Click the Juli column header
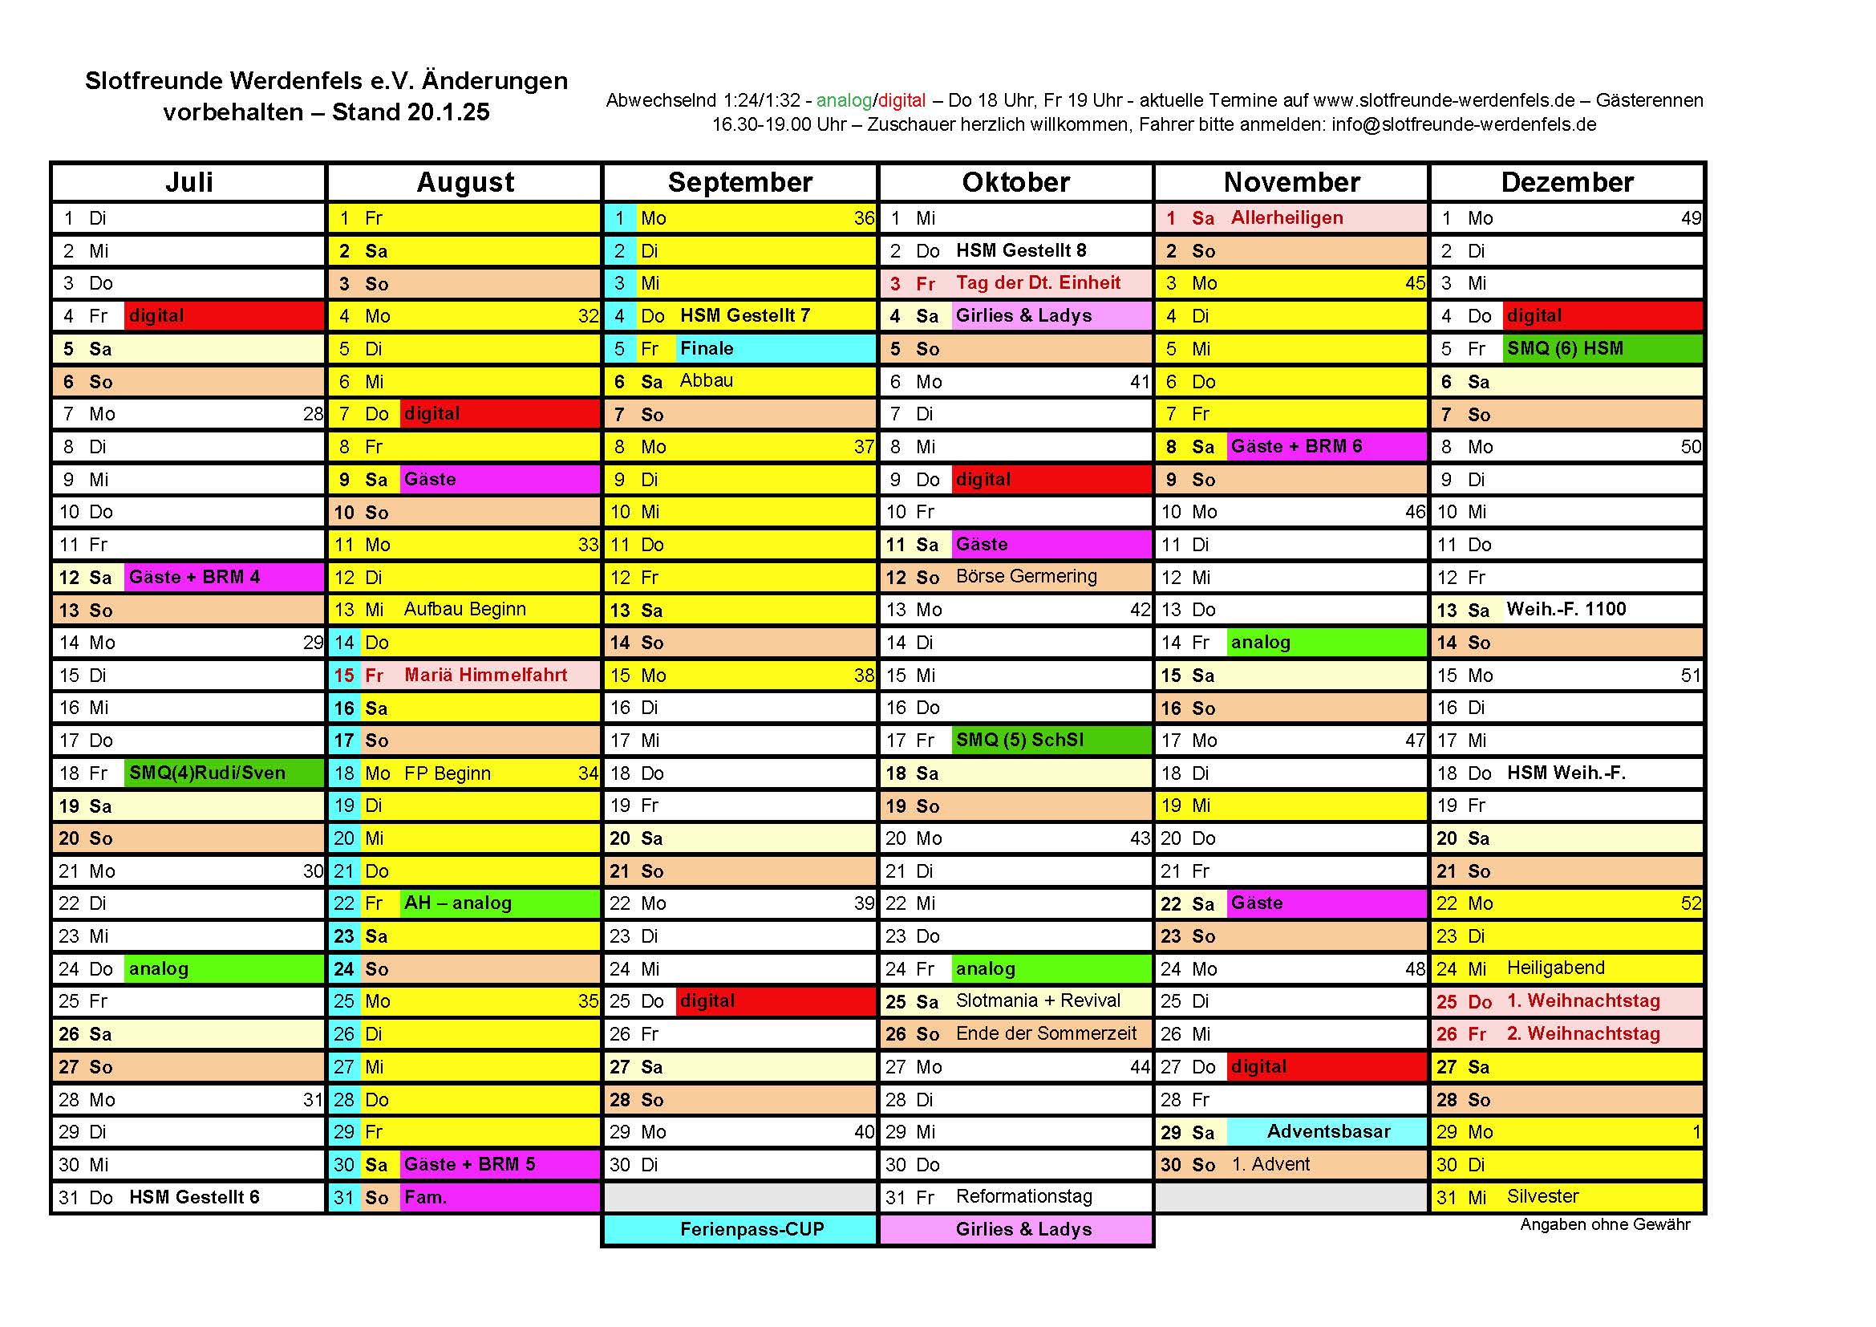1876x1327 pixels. click(x=188, y=182)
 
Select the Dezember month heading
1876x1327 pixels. click(x=1566, y=182)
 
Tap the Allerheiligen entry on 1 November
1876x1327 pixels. click(x=1286, y=218)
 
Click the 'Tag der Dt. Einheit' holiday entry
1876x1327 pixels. click(x=1038, y=282)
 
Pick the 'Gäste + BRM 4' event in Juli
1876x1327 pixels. click(x=194, y=577)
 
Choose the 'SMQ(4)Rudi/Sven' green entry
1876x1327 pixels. click(x=208, y=773)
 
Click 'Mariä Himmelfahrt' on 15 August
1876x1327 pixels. click(x=485, y=675)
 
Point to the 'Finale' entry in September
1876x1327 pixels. click(x=707, y=348)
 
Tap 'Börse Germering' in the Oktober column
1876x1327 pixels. click(x=1027, y=577)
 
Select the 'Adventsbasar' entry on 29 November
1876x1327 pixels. click(x=1327, y=1132)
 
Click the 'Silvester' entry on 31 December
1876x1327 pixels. click(x=1542, y=1197)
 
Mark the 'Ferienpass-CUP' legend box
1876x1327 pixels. click(x=752, y=1230)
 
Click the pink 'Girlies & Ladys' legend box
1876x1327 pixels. click(x=1023, y=1230)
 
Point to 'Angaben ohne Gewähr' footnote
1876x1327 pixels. click(x=1605, y=1225)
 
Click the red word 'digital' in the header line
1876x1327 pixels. click(x=902, y=100)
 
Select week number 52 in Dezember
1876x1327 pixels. click(x=1691, y=903)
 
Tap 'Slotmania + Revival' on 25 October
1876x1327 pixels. click(x=1038, y=1001)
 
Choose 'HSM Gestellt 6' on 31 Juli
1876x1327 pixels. click(x=194, y=1197)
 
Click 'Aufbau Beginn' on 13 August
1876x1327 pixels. click(x=465, y=610)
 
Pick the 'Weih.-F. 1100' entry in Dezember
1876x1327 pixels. click(x=1566, y=610)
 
